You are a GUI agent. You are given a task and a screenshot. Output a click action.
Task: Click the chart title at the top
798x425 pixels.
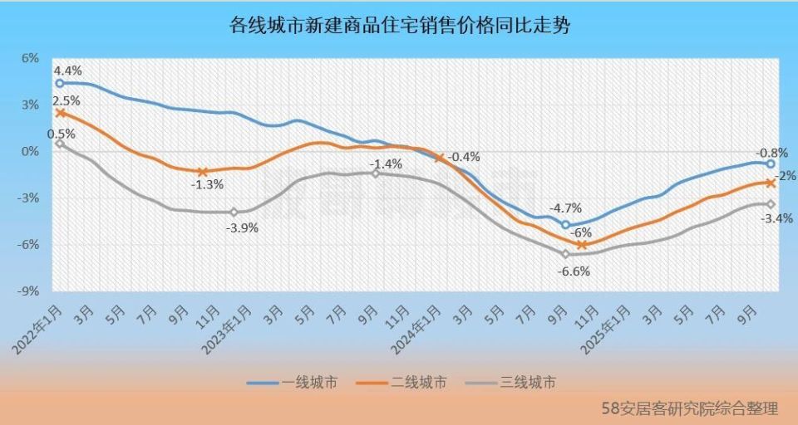tap(399, 26)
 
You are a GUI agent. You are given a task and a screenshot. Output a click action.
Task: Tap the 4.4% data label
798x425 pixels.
tap(68, 71)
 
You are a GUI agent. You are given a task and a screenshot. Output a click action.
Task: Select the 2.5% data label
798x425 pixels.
tap(68, 100)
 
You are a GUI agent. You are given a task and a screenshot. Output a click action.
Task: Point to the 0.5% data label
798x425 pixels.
tap(62, 133)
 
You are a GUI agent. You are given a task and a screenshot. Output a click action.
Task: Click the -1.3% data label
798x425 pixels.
tap(206, 184)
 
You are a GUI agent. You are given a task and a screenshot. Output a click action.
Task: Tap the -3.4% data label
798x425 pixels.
tap(777, 219)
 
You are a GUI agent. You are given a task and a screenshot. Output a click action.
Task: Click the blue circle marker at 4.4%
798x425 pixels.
tap(60, 83)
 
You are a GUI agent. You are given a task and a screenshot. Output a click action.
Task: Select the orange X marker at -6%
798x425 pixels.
tap(582, 245)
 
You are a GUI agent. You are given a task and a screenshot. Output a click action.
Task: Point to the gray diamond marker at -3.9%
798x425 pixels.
tap(234, 212)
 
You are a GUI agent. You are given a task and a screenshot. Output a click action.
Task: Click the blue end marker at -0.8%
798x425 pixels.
tap(771, 164)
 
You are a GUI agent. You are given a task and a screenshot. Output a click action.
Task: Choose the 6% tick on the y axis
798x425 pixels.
tap(31, 58)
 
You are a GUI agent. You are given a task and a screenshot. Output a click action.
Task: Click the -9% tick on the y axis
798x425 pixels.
tap(29, 291)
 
